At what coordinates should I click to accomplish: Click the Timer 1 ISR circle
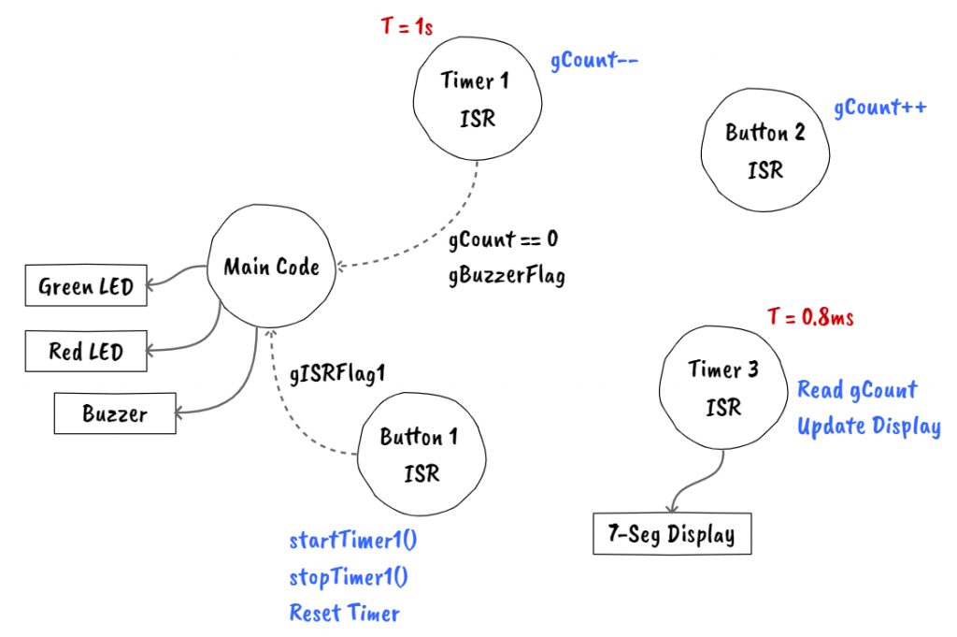(x=477, y=100)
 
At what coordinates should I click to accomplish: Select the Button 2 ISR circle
(x=764, y=152)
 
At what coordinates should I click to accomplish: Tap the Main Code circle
(x=271, y=268)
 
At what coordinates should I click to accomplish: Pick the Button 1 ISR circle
(x=421, y=456)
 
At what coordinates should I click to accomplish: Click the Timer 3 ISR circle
(x=723, y=388)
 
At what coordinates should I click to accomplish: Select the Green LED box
(x=86, y=287)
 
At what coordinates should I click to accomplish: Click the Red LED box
(x=86, y=352)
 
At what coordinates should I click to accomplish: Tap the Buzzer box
(x=114, y=413)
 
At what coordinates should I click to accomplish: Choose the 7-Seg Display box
(x=672, y=534)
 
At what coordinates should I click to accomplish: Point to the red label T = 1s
(x=407, y=27)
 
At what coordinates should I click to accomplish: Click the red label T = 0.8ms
(x=810, y=317)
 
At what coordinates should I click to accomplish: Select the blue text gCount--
(x=593, y=62)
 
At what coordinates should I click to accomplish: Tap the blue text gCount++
(x=879, y=108)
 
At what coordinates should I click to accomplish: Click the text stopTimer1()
(x=349, y=577)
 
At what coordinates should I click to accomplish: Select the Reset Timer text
(x=344, y=614)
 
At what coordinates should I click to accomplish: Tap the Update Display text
(x=868, y=427)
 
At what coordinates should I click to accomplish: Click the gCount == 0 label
(x=503, y=239)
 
